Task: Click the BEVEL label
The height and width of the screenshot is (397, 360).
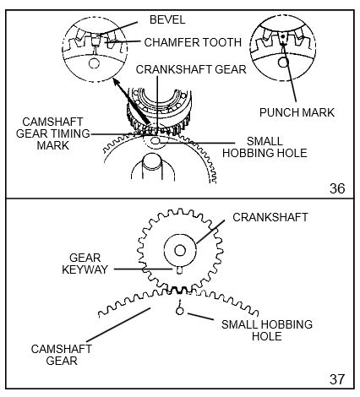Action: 167,19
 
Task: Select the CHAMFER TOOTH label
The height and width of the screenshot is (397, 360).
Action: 193,42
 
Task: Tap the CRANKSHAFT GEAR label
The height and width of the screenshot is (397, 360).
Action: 191,69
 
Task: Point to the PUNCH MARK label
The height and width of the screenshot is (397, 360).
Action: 297,112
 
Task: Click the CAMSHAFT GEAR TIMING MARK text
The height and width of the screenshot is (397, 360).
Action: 53,133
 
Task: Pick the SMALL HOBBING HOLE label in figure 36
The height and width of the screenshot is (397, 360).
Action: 265,147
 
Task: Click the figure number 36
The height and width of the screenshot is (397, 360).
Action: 337,188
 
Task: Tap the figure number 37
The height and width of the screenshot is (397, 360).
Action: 337,379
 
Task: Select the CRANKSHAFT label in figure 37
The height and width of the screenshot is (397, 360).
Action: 270,217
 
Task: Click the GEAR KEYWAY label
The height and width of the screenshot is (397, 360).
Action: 85,264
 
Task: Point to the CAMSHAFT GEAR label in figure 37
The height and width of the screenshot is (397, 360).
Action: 61,355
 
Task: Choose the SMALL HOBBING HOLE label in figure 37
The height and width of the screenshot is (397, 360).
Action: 267,330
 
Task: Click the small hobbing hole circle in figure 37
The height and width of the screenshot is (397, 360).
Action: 179,311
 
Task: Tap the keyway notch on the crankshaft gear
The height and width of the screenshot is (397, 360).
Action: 180,270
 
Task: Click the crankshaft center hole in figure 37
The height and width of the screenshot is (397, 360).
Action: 180,250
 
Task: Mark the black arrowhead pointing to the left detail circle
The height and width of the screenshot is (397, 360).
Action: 117,82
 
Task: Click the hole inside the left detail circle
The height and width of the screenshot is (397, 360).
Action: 94,63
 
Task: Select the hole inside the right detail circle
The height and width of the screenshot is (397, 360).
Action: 283,63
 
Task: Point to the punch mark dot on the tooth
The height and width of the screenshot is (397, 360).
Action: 282,36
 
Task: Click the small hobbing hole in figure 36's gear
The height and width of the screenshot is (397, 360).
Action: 155,140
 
